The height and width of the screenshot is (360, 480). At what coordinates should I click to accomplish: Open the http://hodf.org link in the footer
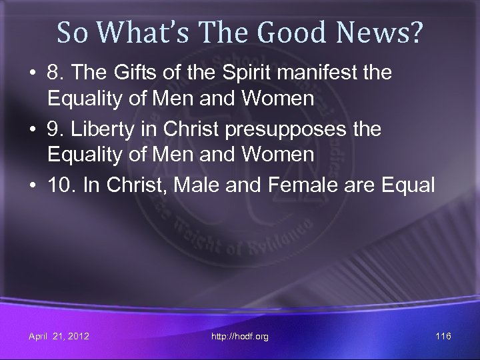coord(239,337)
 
